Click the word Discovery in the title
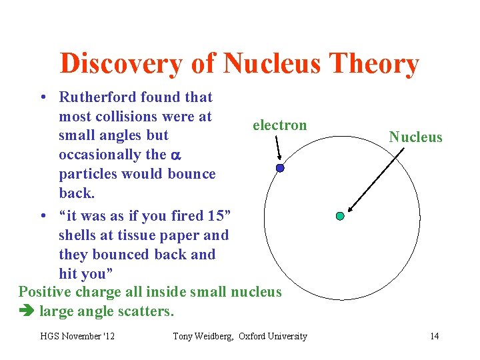(x=121, y=64)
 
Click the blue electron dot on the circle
(x=280, y=168)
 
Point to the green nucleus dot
(x=340, y=216)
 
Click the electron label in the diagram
(x=279, y=125)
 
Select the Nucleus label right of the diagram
(x=415, y=137)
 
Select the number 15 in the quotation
(x=215, y=216)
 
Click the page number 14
(x=434, y=336)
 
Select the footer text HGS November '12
(x=77, y=336)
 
